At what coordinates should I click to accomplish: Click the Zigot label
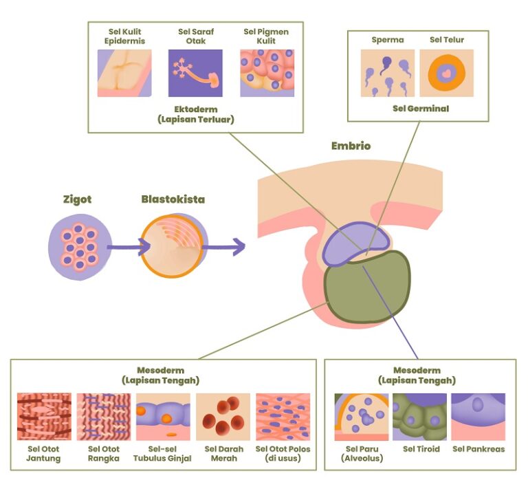point(76,200)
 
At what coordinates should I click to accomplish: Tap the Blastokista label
point(173,200)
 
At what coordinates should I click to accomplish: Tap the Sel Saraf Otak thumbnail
point(195,73)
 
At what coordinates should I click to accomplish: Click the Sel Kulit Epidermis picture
point(125,73)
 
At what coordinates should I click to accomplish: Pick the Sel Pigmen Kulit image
point(267,73)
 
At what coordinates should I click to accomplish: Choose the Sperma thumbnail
point(388,73)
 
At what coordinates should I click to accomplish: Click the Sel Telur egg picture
point(446,73)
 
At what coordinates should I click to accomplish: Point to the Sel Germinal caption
point(420,109)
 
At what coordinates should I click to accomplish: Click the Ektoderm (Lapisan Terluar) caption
point(196,114)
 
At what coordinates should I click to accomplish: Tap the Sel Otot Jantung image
point(44,417)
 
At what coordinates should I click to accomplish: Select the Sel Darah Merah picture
point(223,417)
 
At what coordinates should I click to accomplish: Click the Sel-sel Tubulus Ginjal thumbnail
point(163,417)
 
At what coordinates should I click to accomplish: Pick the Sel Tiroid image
point(419,417)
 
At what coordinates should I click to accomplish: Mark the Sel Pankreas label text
point(478,449)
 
